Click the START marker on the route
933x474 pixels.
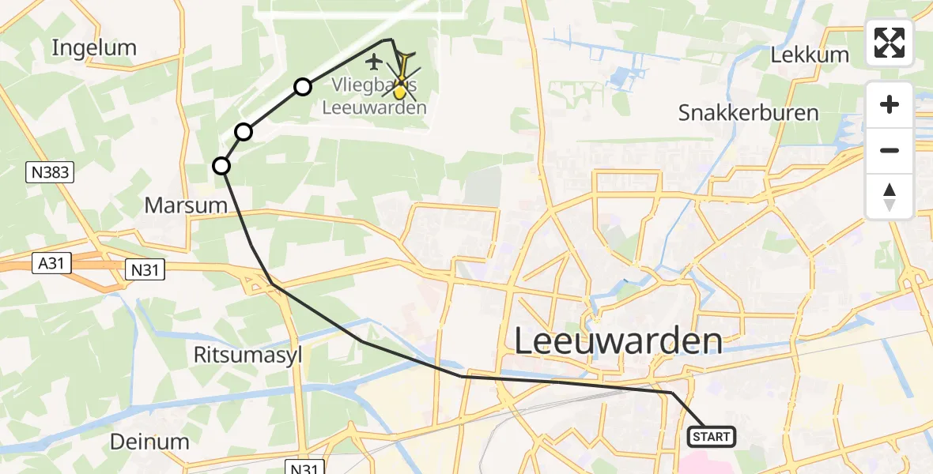713,436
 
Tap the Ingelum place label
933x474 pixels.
94,48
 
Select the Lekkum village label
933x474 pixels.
809,55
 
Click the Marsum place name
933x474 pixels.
186,206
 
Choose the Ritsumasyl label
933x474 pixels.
248,355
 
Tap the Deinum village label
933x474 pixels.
150,441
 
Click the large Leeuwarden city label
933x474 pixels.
618,342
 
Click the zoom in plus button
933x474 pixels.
890,104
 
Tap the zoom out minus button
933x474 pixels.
890,150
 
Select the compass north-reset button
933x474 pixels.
890,196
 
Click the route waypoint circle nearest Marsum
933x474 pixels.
221,166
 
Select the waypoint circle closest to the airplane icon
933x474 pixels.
303,87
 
